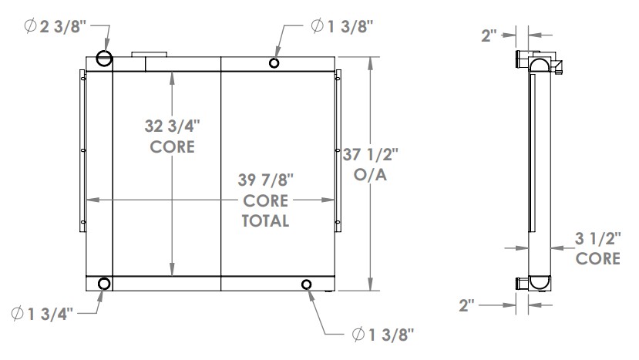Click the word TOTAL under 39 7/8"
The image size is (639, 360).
pos(266,221)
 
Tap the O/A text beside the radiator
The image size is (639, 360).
pos(370,175)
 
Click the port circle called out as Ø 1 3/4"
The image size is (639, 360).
pos(104,284)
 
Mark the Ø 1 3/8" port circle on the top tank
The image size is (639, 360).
pos(274,63)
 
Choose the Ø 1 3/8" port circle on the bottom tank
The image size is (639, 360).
pos(308,285)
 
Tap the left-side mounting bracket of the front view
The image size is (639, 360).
pos(81,146)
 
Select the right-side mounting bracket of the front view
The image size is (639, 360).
pos(338,146)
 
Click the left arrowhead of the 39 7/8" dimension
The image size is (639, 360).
pos(91,200)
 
